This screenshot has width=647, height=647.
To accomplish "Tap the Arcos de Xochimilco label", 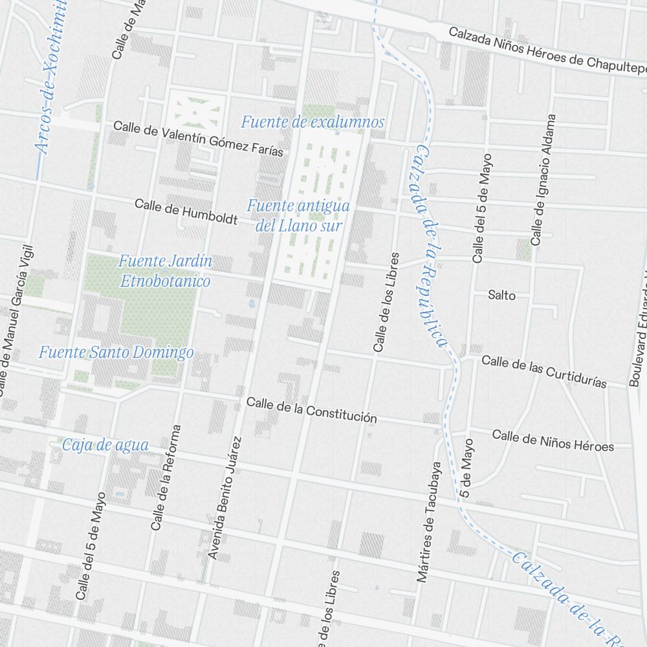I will pos(52,78).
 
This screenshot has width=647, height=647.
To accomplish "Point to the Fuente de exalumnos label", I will pos(313,122).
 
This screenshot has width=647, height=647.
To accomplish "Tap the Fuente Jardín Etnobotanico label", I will pos(165,271).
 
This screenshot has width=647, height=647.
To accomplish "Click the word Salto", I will pos(502,295).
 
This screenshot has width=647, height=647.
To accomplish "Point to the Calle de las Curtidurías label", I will pos(544,371).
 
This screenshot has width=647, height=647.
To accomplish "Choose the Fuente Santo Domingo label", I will pos(116,353).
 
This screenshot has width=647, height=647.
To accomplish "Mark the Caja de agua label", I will pos(105,445).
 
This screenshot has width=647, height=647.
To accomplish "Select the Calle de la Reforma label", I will pos(166,478).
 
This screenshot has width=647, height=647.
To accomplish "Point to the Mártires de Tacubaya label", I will pos(429,521).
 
